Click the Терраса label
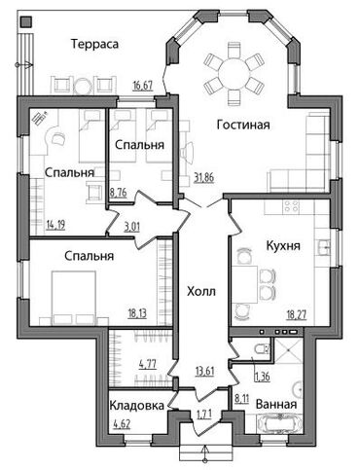tap(94, 44)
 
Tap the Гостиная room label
tap(243, 125)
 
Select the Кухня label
tap(283, 246)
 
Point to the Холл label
tap(201, 292)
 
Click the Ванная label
tap(276, 405)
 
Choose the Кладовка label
tap(136, 405)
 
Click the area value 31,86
tap(204, 178)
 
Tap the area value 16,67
tap(143, 86)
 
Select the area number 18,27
tap(297, 314)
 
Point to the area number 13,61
tap(205, 370)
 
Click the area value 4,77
tap(148, 364)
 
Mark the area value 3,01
tap(132, 227)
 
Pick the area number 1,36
tap(263, 377)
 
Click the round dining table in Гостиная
tap(234, 74)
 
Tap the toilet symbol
tap(262, 349)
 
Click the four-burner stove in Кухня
tap(291, 207)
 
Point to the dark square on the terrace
tap(25, 21)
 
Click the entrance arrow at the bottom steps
tap(204, 453)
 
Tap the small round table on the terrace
tap(84, 86)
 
